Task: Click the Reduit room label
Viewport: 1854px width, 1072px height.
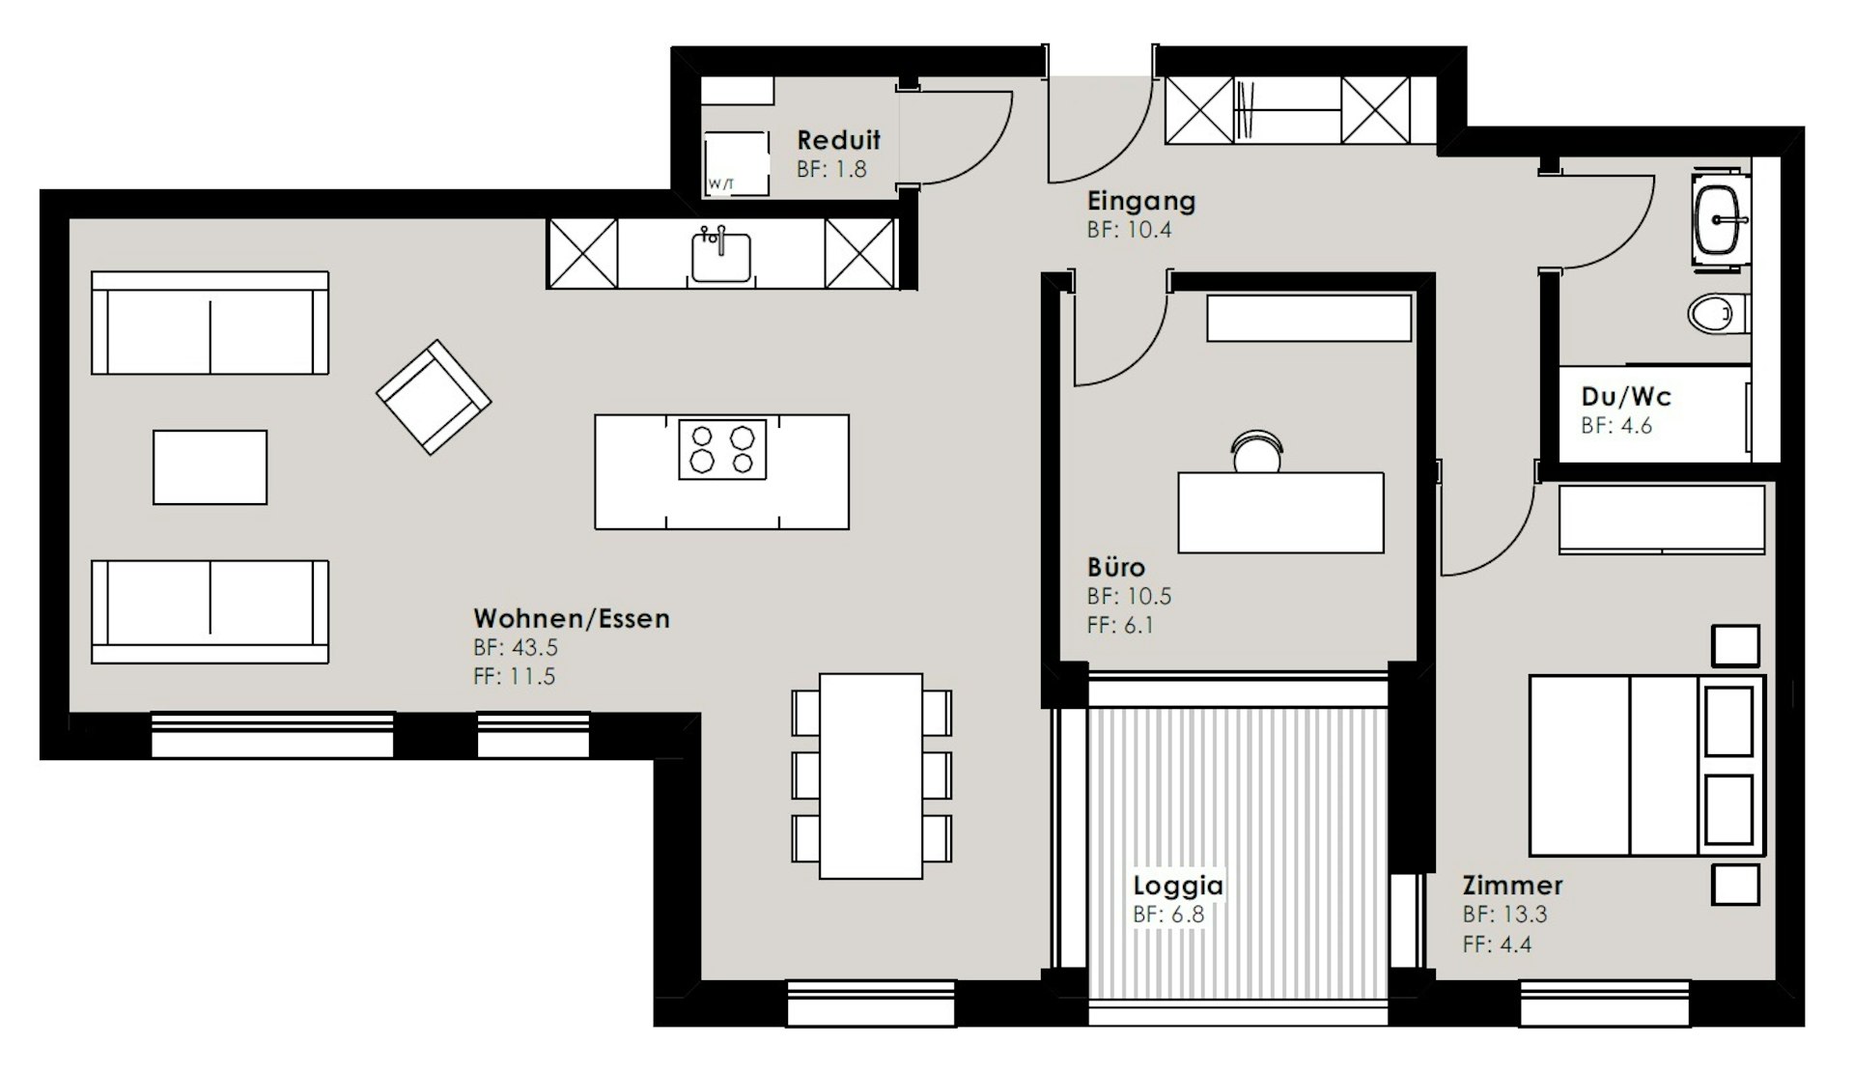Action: point(838,140)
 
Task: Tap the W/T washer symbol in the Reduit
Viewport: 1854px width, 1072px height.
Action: point(736,164)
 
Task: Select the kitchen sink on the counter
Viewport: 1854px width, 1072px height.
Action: point(720,255)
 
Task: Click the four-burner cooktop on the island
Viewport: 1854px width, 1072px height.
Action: point(722,449)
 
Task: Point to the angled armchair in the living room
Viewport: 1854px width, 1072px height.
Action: point(433,397)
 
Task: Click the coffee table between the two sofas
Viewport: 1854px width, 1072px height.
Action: point(210,467)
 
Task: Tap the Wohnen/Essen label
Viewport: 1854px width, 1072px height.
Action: point(572,618)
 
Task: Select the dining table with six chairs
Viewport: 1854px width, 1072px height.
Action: point(871,776)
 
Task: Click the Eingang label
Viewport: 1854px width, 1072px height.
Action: point(1141,201)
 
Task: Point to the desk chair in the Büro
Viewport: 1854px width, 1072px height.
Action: point(1256,452)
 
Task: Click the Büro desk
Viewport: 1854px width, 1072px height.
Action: point(1280,513)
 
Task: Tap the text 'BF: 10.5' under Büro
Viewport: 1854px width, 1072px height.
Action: point(1129,596)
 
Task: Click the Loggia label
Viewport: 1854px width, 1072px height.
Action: point(1178,885)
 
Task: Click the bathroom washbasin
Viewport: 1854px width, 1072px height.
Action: point(1720,220)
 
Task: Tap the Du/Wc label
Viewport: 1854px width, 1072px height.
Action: point(1626,396)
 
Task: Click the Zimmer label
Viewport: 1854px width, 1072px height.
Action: point(1512,885)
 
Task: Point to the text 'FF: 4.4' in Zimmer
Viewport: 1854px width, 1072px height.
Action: point(1497,944)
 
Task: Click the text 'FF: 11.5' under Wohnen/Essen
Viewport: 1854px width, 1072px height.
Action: point(515,676)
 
